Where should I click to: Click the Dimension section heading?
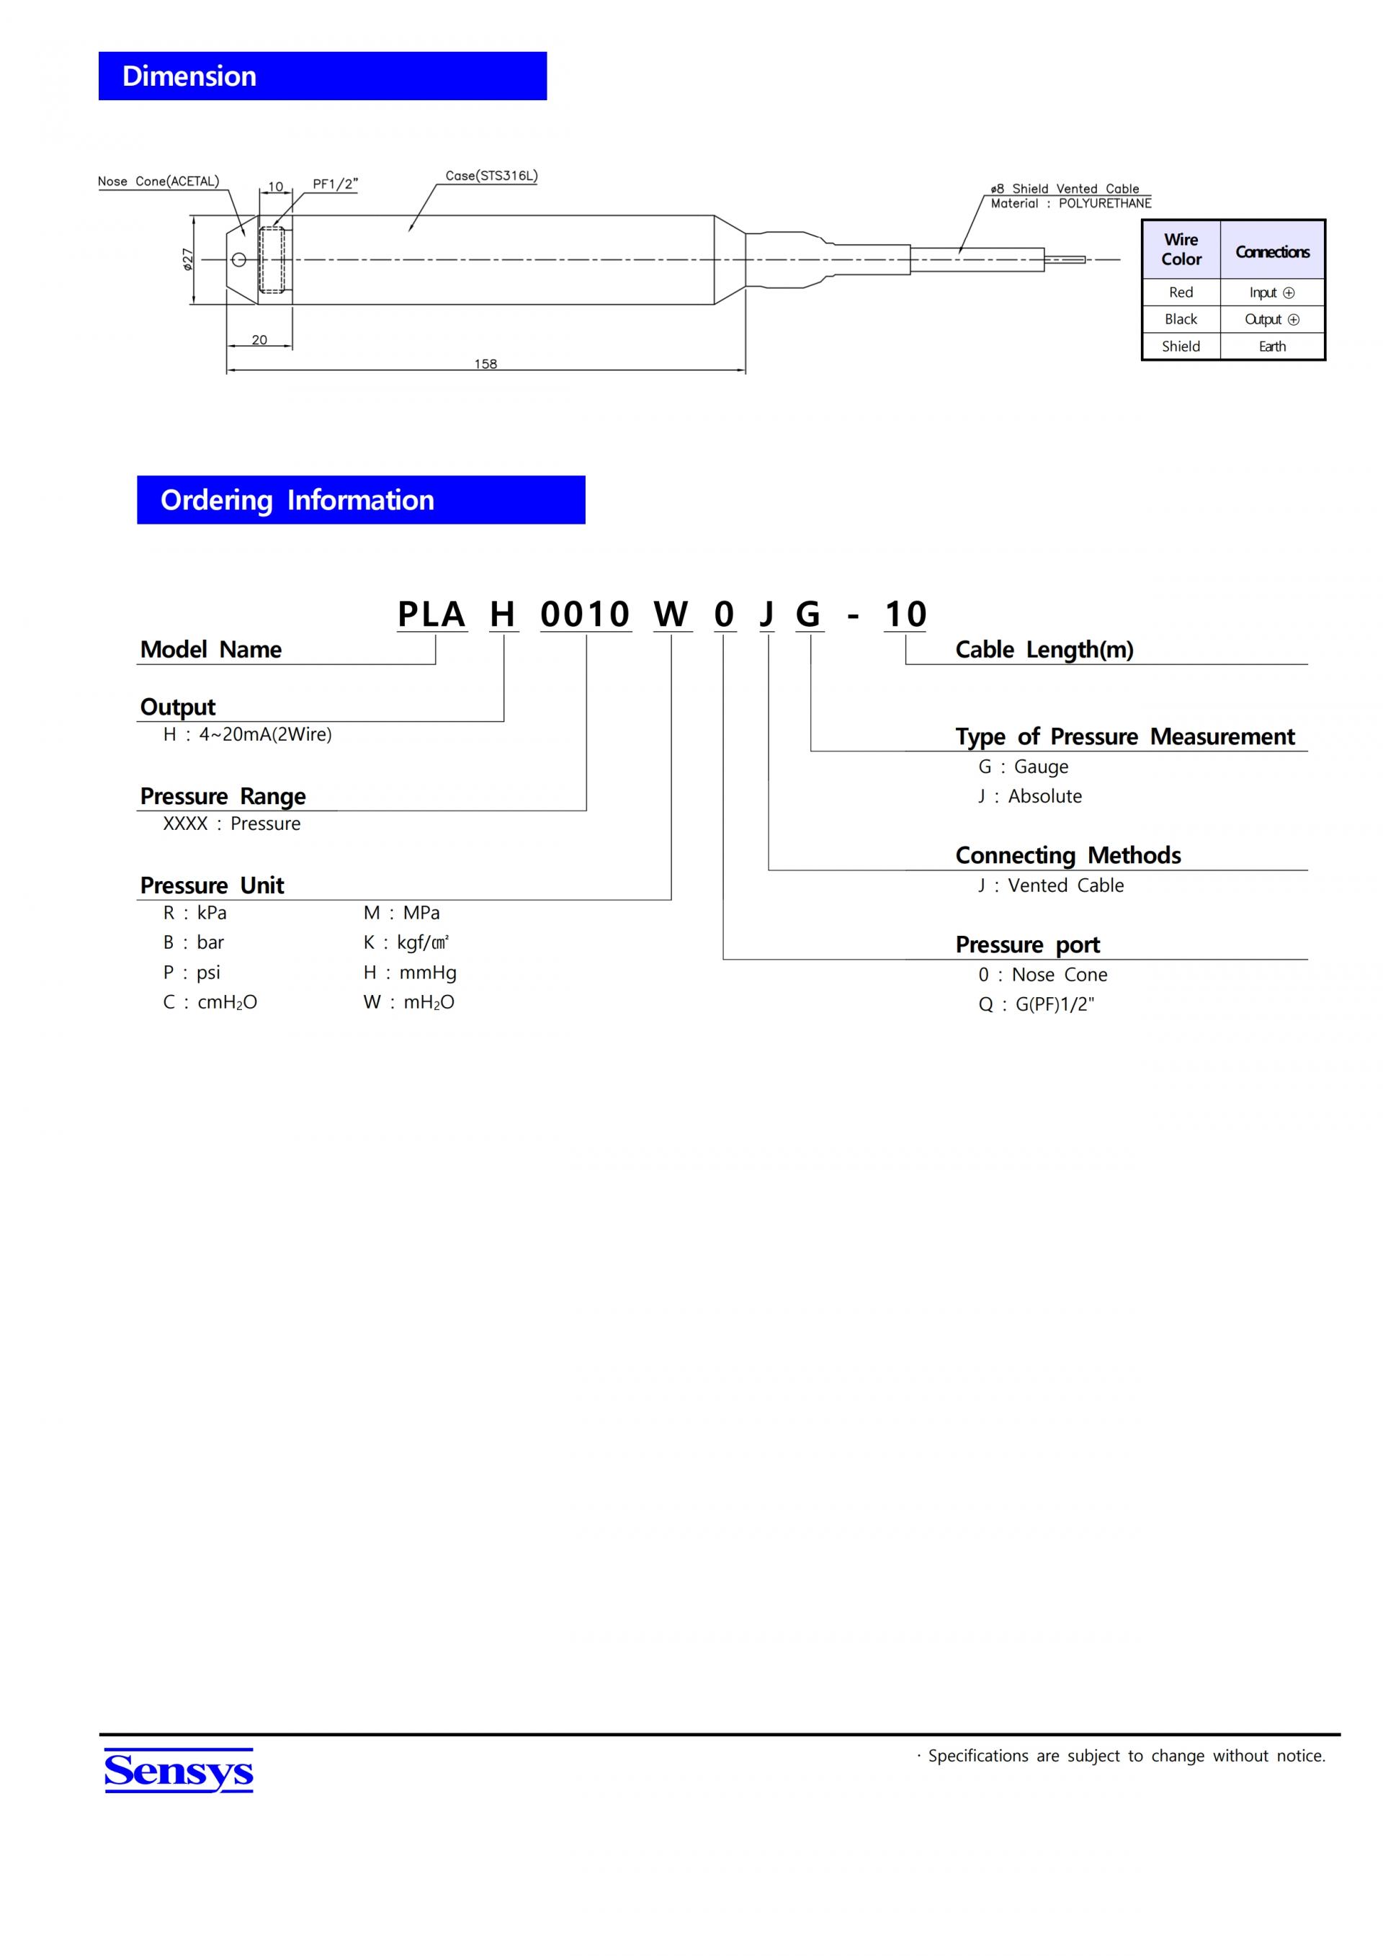[189, 76]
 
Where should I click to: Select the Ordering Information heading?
[297, 500]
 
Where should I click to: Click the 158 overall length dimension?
[485, 364]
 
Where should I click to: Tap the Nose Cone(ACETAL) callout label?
[158, 182]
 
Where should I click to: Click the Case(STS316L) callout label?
[491, 177]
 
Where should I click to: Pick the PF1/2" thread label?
[335, 184]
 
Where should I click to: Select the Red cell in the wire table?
[1181, 292]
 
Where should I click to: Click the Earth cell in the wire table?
[1272, 346]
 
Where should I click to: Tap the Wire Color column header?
[1181, 249]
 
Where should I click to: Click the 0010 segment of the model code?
[585, 615]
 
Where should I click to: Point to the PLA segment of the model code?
[431, 615]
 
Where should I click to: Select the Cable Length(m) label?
[1044, 649]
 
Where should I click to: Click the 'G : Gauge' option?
[1023, 767]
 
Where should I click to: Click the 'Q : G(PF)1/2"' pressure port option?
[1036, 1004]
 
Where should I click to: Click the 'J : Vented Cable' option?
[1051, 885]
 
